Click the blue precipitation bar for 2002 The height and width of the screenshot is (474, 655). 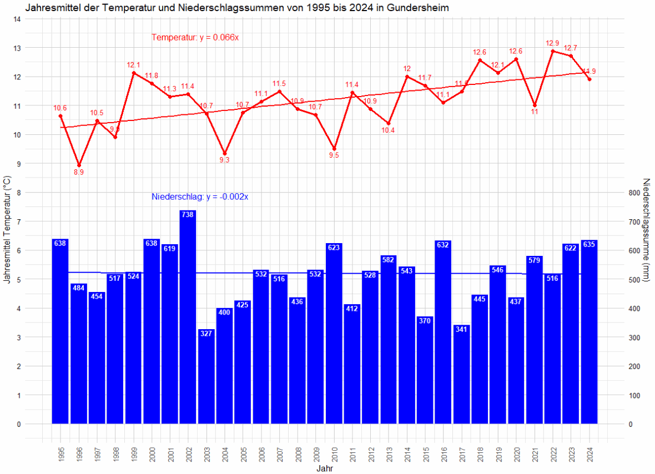(x=188, y=316)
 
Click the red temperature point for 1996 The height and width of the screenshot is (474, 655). (x=79, y=165)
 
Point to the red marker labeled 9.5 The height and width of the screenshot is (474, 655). (x=334, y=149)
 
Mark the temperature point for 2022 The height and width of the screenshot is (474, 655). (x=553, y=51)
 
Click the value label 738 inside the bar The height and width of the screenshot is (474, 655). (x=188, y=214)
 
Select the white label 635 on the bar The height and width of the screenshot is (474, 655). (x=589, y=244)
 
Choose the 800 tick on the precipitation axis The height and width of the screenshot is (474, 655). (x=634, y=193)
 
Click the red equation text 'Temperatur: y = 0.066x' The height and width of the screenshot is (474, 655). (x=195, y=38)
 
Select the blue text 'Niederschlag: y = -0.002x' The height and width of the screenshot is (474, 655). (x=200, y=196)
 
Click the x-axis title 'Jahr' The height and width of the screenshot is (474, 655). (x=325, y=468)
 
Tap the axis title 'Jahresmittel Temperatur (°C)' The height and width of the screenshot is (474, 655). (x=7, y=229)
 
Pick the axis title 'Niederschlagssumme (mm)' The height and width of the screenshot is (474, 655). (x=646, y=229)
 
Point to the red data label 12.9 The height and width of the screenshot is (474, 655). (x=553, y=43)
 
